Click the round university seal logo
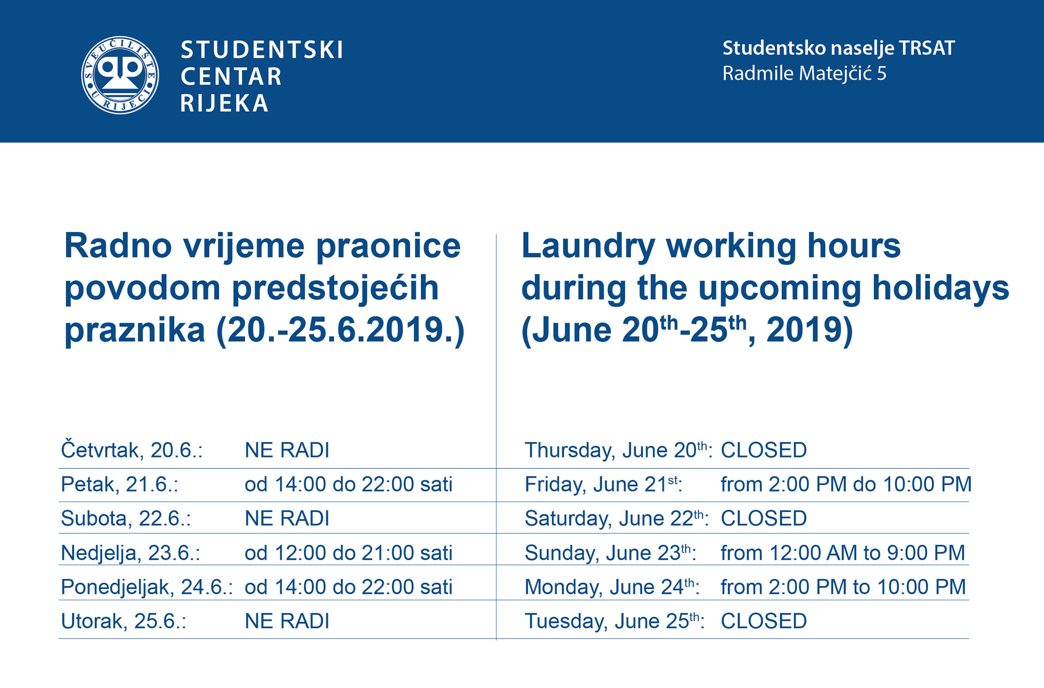pos(120,75)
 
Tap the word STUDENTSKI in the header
pos(262,50)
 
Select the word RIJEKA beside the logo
pos(224,103)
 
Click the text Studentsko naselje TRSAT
pos(838,48)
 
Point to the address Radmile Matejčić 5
pos(804,73)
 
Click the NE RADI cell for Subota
pos(287,518)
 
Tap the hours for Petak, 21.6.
pos(348,484)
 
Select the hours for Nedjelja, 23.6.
pos(348,553)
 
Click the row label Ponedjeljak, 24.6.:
pos(147,587)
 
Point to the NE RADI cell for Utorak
pos(287,621)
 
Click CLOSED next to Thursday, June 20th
pos(763,450)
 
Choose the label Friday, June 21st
pos(603,484)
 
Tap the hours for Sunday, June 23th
pos(842,553)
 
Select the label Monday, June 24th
pos(612,587)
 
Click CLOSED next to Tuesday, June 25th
pos(763,621)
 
